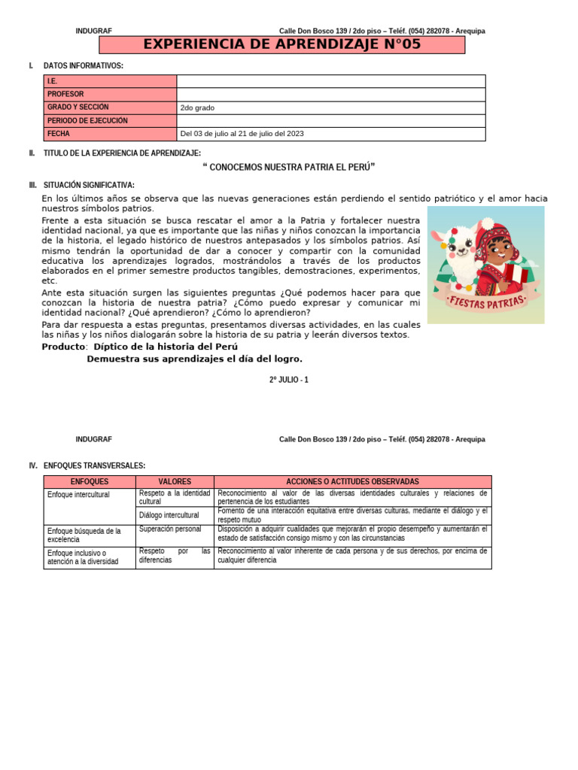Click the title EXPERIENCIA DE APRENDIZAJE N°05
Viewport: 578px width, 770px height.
(282, 45)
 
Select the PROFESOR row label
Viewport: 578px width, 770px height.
(65, 94)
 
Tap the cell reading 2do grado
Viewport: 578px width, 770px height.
(197, 108)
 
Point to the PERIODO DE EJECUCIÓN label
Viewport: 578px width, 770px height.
(87, 120)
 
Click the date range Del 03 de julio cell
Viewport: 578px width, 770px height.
(242, 134)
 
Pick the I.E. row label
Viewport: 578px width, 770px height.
(52, 81)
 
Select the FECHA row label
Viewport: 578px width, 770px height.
(58, 134)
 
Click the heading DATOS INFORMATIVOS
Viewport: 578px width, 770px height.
(83, 66)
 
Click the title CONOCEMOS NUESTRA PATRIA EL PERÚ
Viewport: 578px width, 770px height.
(289, 167)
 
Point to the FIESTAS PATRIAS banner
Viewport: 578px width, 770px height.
(486, 303)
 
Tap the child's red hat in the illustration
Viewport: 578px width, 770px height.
(494, 238)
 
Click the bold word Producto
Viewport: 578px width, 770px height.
(64, 347)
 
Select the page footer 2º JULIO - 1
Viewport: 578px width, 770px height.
(289, 380)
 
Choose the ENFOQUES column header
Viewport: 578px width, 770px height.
(90, 481)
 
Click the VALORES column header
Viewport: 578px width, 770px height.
(175, 481)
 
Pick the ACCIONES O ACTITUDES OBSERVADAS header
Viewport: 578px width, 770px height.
(352, 481)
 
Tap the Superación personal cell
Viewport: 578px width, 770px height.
(170, 529)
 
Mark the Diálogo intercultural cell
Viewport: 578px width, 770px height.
(169, 515)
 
